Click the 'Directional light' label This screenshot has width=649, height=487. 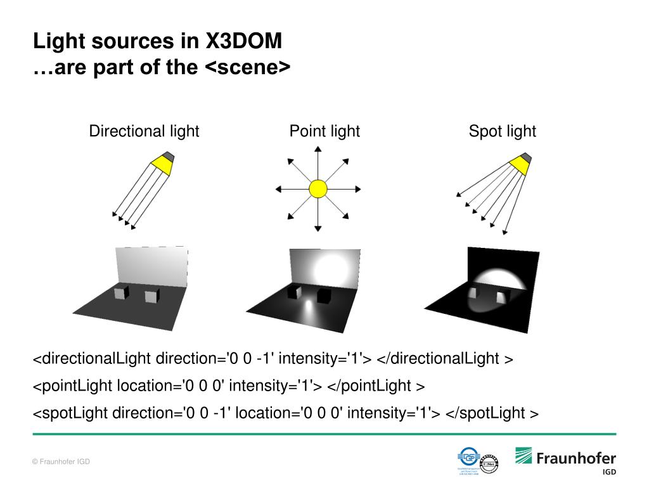(x=144, y=131)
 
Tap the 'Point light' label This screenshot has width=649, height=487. (x=324, y=131)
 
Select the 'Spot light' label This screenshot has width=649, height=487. (x=502, y=131)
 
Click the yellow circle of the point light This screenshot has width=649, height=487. (x=318, y=189)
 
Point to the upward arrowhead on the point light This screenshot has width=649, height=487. (x=318, y=149)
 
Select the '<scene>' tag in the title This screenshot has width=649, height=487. (x=248, y=67)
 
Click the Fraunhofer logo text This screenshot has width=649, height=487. (x=575, y=458)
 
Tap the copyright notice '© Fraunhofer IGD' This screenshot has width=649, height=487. (x=61, y=462)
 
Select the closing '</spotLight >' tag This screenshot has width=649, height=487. (x=492, y=413)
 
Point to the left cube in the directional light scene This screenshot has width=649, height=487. (x=120, y=294)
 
